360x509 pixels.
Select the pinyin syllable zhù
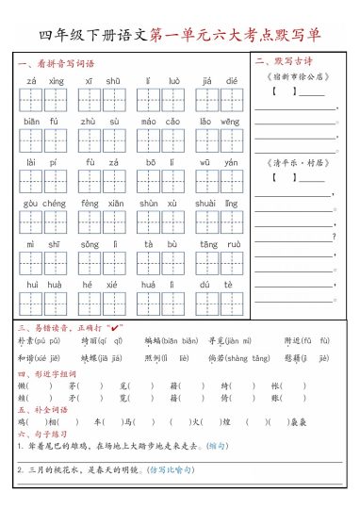coord(87,122)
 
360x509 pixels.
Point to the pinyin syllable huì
coord(32,284)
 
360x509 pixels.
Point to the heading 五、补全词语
coord(40,410)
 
